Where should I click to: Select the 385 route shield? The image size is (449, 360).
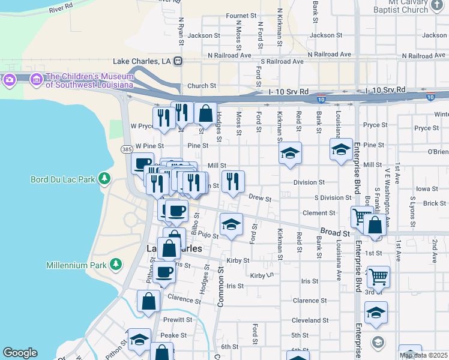127,149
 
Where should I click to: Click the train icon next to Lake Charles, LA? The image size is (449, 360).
178,61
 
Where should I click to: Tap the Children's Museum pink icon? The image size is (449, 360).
36,79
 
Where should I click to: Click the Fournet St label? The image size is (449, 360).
241,16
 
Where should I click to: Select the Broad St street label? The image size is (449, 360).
335,232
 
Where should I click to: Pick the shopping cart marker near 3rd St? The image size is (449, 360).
378,278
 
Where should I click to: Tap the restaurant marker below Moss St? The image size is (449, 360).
233,182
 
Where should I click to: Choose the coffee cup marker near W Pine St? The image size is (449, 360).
142,164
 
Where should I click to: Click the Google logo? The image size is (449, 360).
20,353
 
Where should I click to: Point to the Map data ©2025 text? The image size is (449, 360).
424,355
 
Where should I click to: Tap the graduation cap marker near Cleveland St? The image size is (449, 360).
376,313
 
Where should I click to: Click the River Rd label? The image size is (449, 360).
61,8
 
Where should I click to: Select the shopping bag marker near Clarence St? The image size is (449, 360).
148,302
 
